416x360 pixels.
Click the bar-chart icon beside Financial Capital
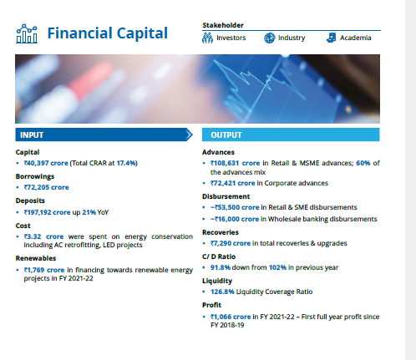[x=27, y=33]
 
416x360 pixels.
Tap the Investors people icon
[x=207, y=38]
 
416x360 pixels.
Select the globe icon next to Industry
[x=269, y=38]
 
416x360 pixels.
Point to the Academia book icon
[x=332, y=38]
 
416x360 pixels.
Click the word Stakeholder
[x=223, y=25]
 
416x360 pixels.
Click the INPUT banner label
[x=32, y=135]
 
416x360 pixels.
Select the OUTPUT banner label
[x=226, y=135]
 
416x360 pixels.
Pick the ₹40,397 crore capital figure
[x=46, y=163]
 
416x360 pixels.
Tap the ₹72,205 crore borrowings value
[x=46, y=187]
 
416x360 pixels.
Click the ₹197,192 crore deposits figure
[x=47, y=212]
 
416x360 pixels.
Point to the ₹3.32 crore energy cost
[x=43, y=236]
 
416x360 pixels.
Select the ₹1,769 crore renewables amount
[x=44, y=270]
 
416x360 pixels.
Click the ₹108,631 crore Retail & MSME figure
[x=235, y=163]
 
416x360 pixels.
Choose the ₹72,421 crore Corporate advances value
[x=232, y=183]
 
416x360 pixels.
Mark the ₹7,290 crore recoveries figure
[x=231, y=243]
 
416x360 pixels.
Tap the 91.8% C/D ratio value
[x=221, y=267]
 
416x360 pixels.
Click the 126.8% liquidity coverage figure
[x=222, y=292]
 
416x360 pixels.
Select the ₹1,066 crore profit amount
[x=231, y=317]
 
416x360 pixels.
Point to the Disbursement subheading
[x=226, y=196]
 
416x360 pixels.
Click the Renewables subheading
[x=36, y=258]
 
